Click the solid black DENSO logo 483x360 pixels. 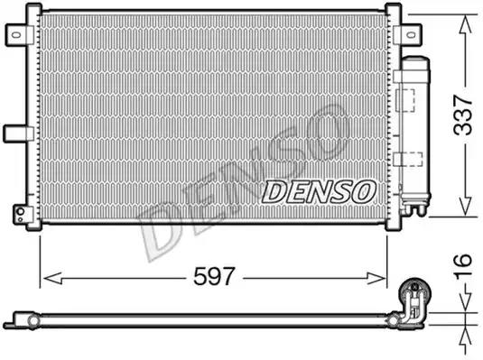pyautogui.click(x=319, y=190)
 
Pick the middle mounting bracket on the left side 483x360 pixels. pyautogui.click(x=15, y=133)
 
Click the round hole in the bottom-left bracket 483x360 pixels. pyautogui.click(x=17, y=213)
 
